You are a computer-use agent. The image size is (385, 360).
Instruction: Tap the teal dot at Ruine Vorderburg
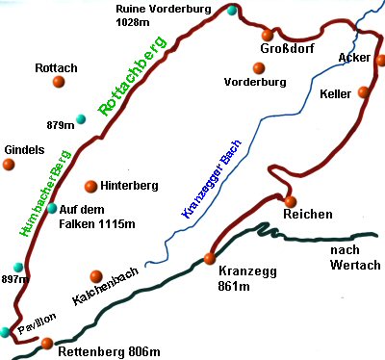(232, 11)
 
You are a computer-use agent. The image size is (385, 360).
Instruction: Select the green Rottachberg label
(132, 77)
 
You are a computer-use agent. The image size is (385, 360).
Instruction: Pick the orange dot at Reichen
(290, 200)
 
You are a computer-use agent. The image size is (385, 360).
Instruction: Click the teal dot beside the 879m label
(81, 119)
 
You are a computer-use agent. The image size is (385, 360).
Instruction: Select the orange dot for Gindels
(9, 165)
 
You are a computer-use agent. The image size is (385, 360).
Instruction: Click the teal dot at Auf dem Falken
(51, 208)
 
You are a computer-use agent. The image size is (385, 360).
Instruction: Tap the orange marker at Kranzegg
(210, 257)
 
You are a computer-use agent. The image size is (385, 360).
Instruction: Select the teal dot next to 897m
(15, 267)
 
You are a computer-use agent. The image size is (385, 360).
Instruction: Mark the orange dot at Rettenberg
(46, 343)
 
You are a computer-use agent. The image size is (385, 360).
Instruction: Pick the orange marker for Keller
(363, 92)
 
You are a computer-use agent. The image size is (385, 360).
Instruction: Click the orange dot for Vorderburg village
(257, 67)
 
